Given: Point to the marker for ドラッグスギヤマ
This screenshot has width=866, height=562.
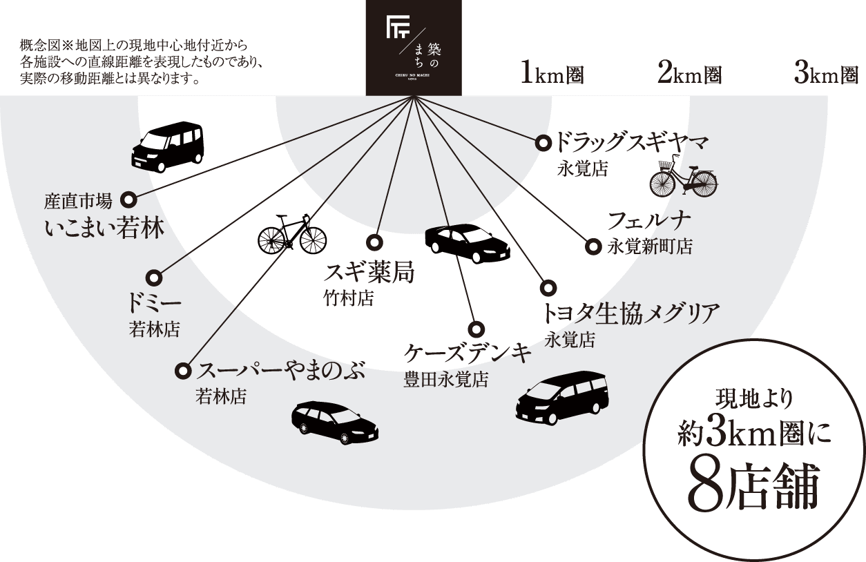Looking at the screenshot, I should coord(543,144).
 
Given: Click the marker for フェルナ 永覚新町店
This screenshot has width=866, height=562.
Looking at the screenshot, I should coord(593,247).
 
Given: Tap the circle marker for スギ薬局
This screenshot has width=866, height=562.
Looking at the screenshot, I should coord(374,243).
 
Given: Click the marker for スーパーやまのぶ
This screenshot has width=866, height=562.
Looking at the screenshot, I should coord(183,371).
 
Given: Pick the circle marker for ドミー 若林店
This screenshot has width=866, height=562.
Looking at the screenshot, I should coord(155,278).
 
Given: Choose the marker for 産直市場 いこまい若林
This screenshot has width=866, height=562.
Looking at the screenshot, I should coord(128,200).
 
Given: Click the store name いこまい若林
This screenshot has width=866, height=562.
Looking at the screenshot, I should coord(105,228).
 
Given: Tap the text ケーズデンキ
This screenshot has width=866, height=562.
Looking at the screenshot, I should coord(468,353).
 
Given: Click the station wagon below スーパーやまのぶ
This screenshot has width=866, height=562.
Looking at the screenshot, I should coord(335,421).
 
